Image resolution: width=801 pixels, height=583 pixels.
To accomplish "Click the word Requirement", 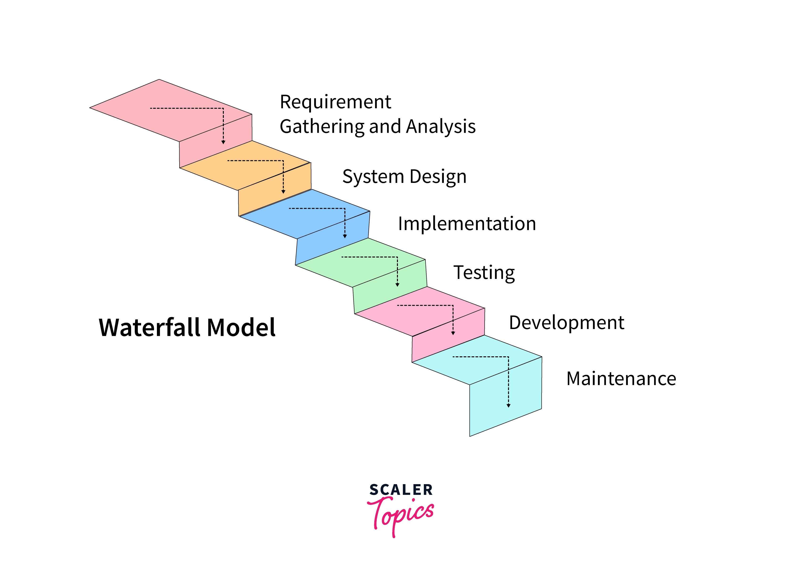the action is tap(335, 103).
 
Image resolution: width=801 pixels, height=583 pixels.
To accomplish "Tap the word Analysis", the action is tap(441, 127).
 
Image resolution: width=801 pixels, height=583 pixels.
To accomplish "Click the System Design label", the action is tap(404, 177).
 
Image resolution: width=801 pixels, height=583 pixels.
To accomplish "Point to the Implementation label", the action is tap(467, 224).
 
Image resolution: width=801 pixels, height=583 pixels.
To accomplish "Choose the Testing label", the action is tap(484, 273).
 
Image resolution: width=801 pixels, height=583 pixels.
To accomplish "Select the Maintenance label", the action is tap(621, 379).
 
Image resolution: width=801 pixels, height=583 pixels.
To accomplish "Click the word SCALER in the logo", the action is tap(401, 490).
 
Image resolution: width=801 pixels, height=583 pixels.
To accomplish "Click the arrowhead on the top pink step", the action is tap(223, 142).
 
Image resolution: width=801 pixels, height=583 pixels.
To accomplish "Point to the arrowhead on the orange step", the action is tap(283, 192).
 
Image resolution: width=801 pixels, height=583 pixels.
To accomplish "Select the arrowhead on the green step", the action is tap(397, 285).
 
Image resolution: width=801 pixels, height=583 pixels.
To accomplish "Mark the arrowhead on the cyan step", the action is tap(509, 406).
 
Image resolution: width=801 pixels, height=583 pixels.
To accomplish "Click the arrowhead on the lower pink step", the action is tap(453, 333).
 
